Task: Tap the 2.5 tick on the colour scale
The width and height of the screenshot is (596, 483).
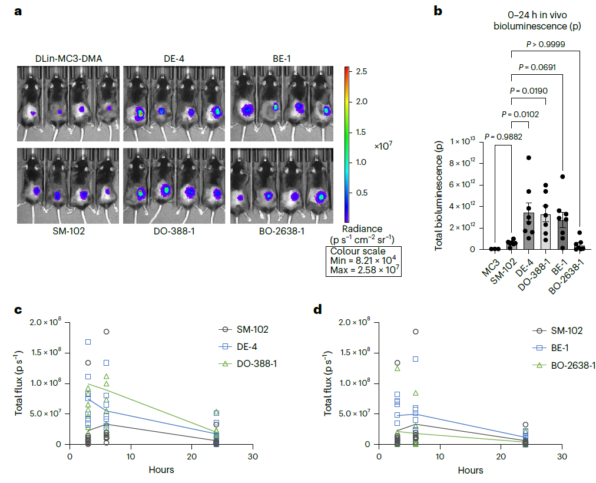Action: (362, 71)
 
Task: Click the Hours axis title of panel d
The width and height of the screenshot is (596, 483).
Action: (470, 470)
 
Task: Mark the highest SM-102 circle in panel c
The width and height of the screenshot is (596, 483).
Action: (107, 332)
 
